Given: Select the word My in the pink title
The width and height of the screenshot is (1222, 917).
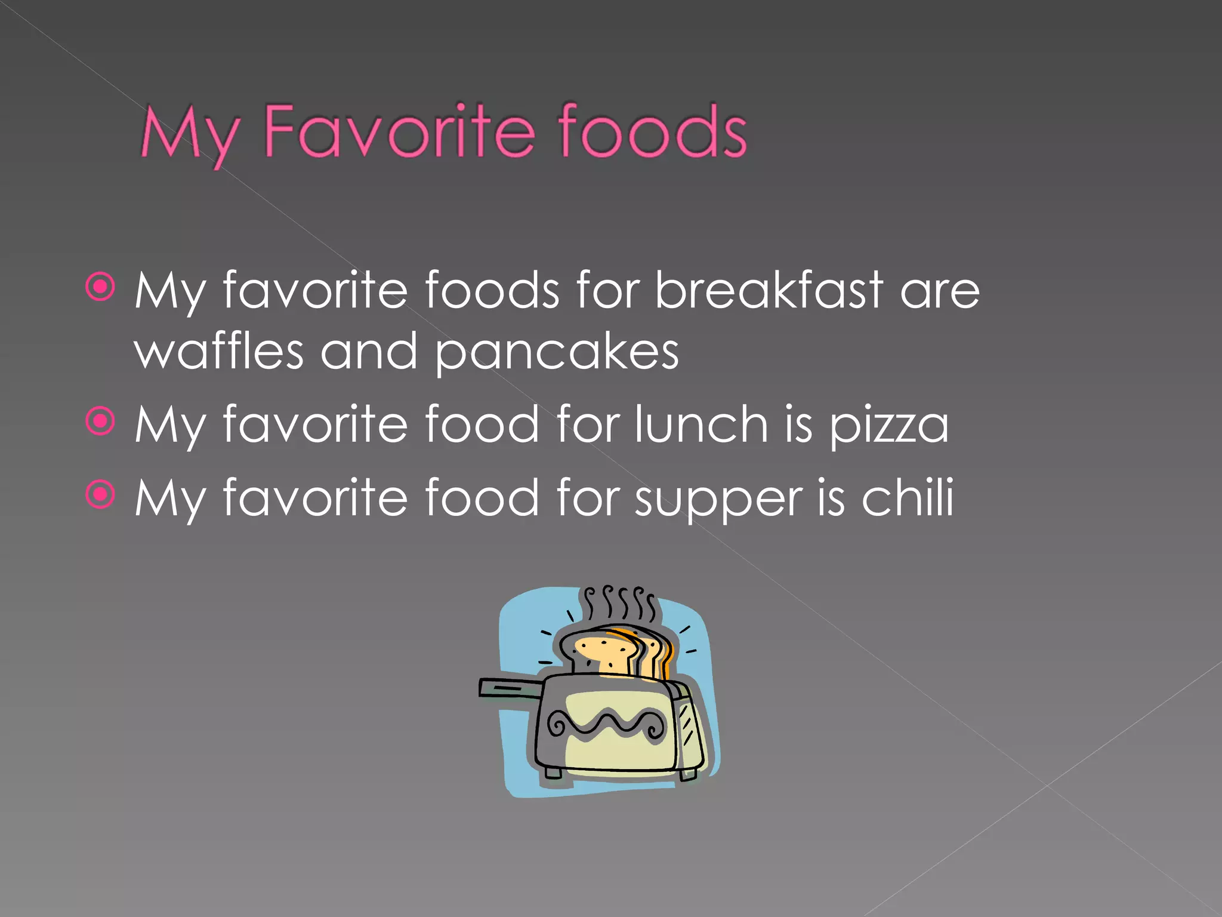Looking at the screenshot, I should point(190,135).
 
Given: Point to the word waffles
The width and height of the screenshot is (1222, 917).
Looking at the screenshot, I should point(219,352).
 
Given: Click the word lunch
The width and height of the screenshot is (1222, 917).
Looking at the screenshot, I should point(701,424).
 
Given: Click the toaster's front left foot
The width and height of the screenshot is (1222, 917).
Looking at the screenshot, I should point(553,773).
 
